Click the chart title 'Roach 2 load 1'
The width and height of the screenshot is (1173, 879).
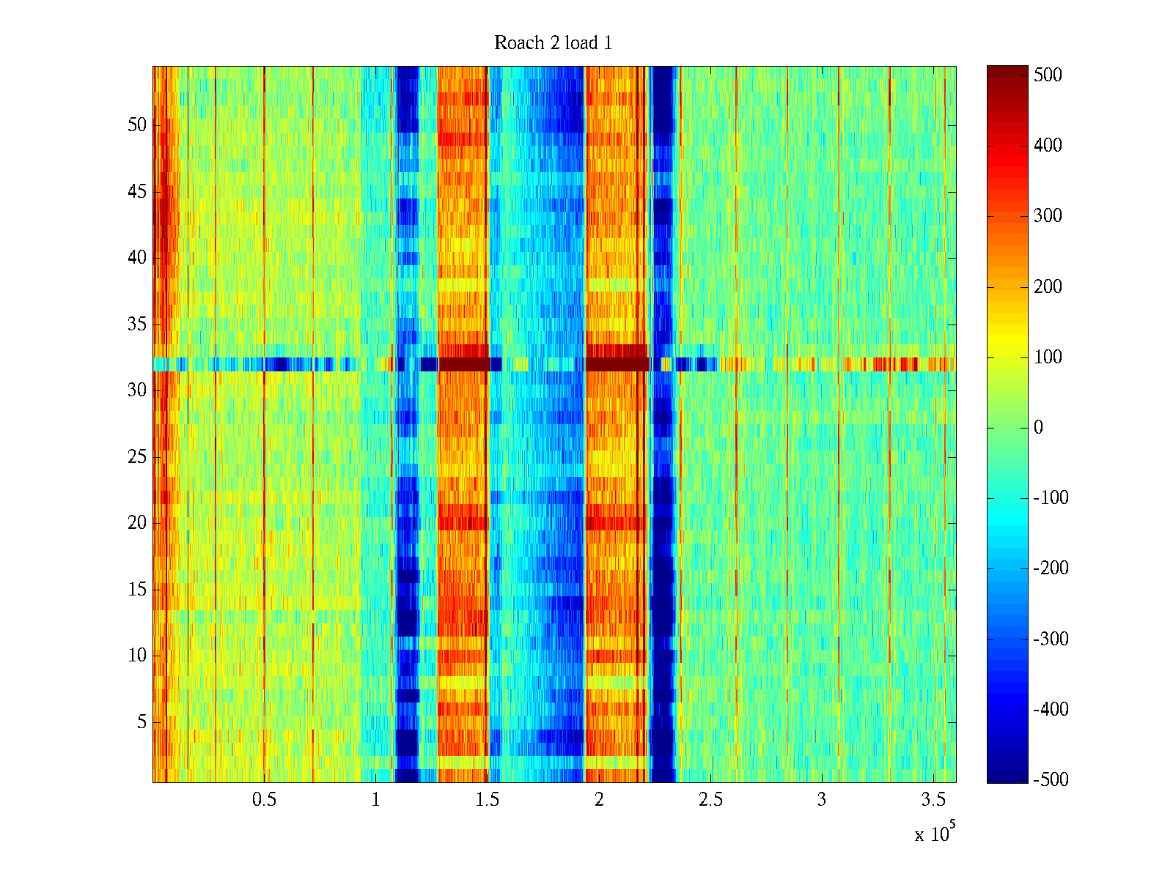pyautogui.click(x=553, y=43)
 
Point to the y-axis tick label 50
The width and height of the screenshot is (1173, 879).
pyautogui.click(x=137, y=125)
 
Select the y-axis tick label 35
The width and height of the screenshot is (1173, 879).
pyautogui.click(x=137, y=324)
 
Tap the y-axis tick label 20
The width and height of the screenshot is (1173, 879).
pyautogui.click(x=137, y=523)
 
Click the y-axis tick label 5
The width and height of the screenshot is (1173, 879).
pyautogui.click(x=141, y=722)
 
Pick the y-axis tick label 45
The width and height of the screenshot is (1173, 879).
pyautogui.click(x=137, y=192)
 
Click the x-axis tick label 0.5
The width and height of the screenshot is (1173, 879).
pyautogui.click(x=264, y=800)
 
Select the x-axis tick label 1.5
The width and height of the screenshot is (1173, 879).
pyautogui.click(x=488, y=800)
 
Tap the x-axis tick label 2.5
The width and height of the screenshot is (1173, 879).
pyautogui.click(x=710, y=800)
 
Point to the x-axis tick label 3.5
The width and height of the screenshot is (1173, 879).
pyautogui.click(x=933, y=800)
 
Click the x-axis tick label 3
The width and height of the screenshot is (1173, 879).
pyautogui.click(x=822, y=800)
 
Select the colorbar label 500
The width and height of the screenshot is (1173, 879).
pyautogui.click(x=1048, y=75)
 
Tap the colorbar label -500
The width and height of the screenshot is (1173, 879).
pyautogui.click(x=1051, y=780)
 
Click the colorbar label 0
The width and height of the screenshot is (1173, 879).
pyautogui.click(x=1038, y=428)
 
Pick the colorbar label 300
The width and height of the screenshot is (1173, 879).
pyautogui.click(x=1048, y=216)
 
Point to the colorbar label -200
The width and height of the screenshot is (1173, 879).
pyautogui.click(x=1051, y=568)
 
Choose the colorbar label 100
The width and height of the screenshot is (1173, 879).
pyautogui.click(x=1048, y=357)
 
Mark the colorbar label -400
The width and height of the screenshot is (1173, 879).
pyautogui.click(x=1051, y=710)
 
